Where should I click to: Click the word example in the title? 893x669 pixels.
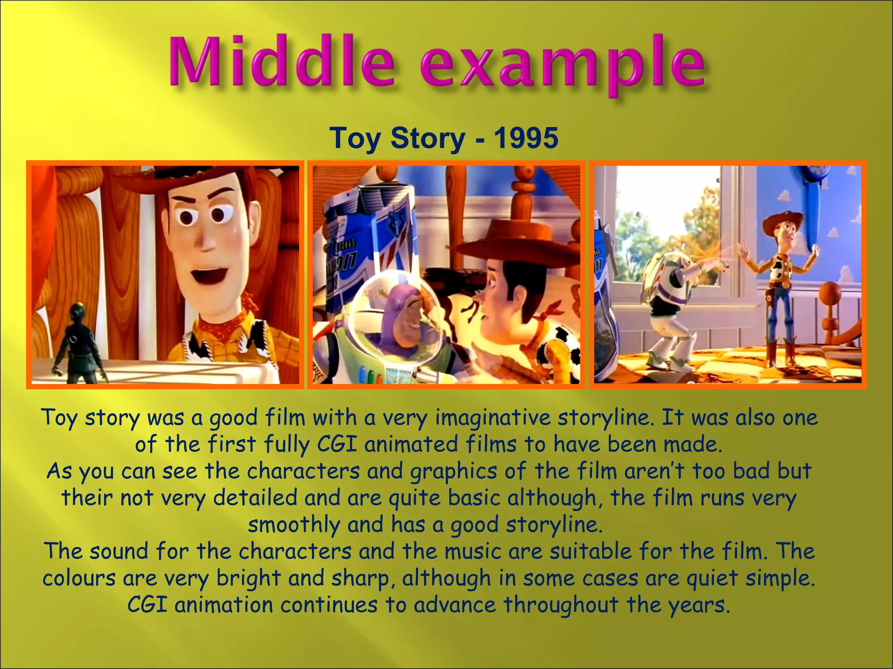[x=562, y=65]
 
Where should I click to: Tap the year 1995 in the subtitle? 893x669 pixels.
[x=525, y=138]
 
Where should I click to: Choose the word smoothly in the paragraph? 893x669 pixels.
[x=294, y=525]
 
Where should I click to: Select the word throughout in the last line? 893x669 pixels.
[x=561, y=605]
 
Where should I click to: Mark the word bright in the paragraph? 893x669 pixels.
[x=249, y=579]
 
